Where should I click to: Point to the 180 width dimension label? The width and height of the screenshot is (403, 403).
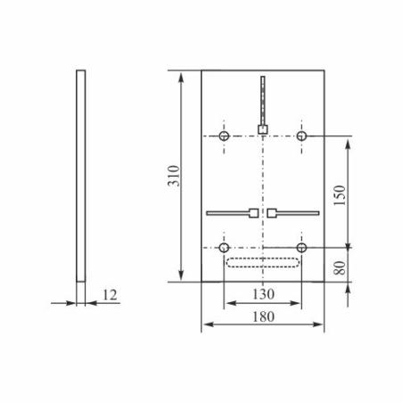pyautogui.click(x=263, y=317)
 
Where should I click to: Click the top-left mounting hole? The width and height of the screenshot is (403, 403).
pyautogui.click(x=224, y=135)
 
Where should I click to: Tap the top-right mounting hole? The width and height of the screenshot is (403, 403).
pyautogui.click(x=302, y=135)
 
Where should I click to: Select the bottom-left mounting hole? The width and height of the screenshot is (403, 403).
pyautogui.click(x=224, y=246)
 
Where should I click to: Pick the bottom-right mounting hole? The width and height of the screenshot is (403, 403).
pyautogui.click(x=302, y=246)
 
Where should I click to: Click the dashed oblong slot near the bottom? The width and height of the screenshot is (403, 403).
pyautogui.click(x=263, y=262)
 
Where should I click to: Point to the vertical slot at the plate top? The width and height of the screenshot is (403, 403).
pyautogui.click(x=263, y=100)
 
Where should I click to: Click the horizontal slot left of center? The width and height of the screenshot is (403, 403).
pyautogui.click(x=227, y=213)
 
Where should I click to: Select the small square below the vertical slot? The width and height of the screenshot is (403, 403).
pyautogui.click(x=263, y=130)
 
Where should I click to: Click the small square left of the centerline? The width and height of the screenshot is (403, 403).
pyautogui.click(x=254, y=213)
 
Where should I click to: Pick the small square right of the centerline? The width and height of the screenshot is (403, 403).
pyautogui.click(x=272, y=213)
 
